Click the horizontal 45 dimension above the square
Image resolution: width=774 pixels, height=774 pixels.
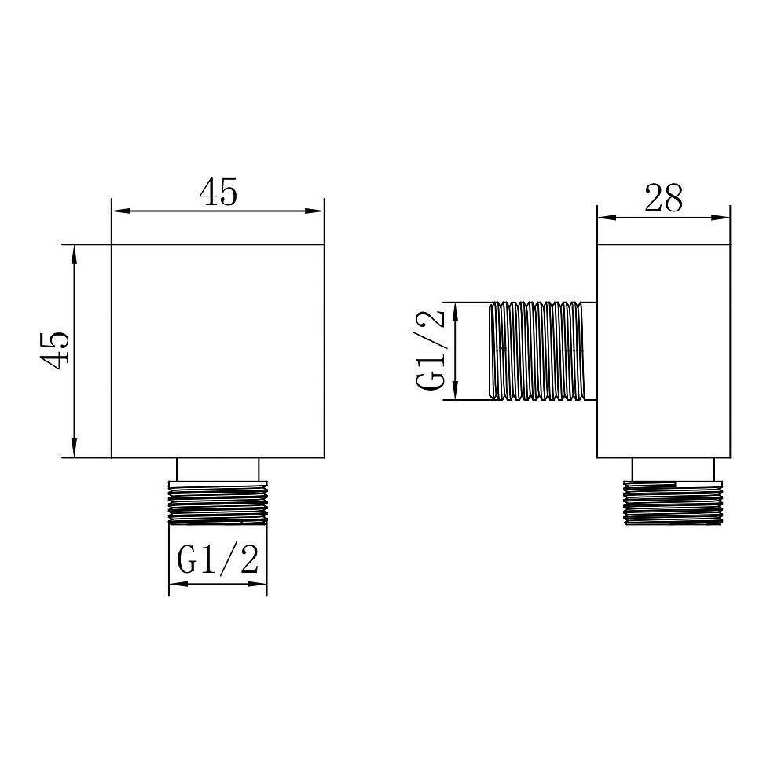[x=218, y=192]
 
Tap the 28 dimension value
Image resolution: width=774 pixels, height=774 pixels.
[x=664, y=199]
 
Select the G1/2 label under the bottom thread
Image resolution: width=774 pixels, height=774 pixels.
[x=218, y=559]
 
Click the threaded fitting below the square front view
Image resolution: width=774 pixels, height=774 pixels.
[x=218, y=502]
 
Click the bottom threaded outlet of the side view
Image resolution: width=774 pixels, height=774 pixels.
[x=673, y=502]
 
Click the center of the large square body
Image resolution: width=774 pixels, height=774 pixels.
[x=218, y=351]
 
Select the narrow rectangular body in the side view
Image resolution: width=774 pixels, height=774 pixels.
[x=664, y=351]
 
